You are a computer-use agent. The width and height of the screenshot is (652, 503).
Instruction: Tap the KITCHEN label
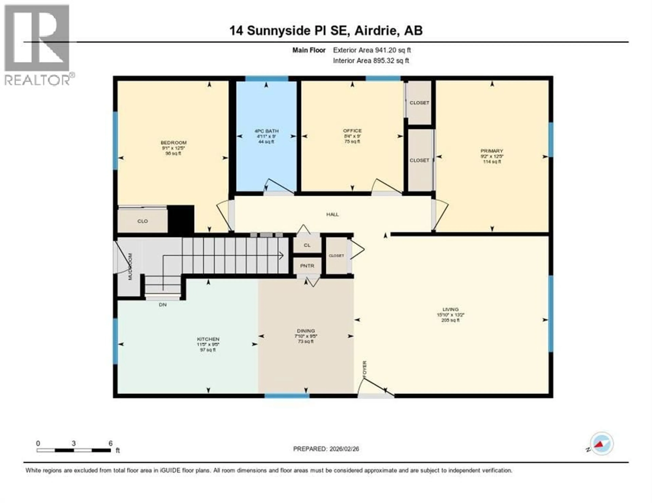[208, 339]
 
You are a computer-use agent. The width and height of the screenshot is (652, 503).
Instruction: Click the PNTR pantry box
[307, 266]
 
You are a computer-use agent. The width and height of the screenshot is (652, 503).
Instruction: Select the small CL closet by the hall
[307, 245]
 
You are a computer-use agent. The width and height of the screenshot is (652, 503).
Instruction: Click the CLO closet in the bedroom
[142, 221]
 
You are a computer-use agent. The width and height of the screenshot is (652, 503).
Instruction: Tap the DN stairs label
[163, 305]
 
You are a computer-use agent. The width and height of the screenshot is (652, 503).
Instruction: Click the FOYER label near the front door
[365, 370]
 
